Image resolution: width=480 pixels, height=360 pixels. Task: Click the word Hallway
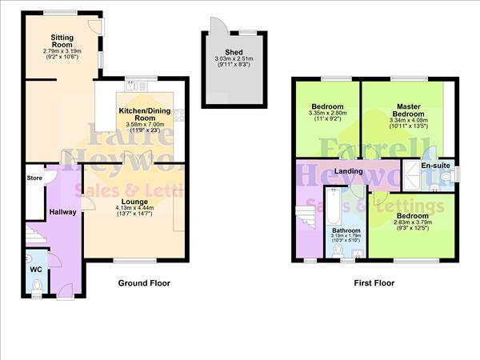[62, 212]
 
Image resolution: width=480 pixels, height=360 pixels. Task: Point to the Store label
[34, 178]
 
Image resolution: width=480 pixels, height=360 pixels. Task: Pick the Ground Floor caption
[144, 283]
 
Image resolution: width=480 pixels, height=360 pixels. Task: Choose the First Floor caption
[374, 283]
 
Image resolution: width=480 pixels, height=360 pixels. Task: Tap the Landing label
[350, 171]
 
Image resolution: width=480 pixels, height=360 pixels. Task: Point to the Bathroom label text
[346, 231]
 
